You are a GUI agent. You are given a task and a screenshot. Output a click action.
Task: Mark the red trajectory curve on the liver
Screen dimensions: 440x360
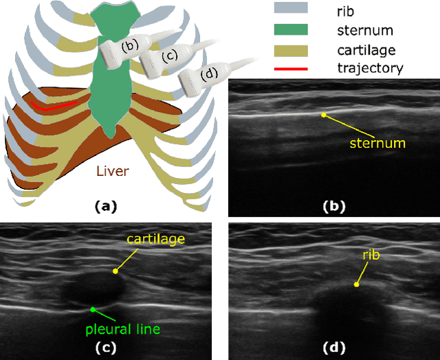coord(52,107)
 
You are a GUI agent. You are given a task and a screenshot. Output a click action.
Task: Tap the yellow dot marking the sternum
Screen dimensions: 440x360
coord(324,115)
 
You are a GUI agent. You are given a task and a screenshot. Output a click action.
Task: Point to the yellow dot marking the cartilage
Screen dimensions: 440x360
coord(115,271)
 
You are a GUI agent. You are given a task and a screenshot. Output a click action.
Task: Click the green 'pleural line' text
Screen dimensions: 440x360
coord(122,329)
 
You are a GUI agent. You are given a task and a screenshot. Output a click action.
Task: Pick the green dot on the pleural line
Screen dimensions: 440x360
coord(92,309)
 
